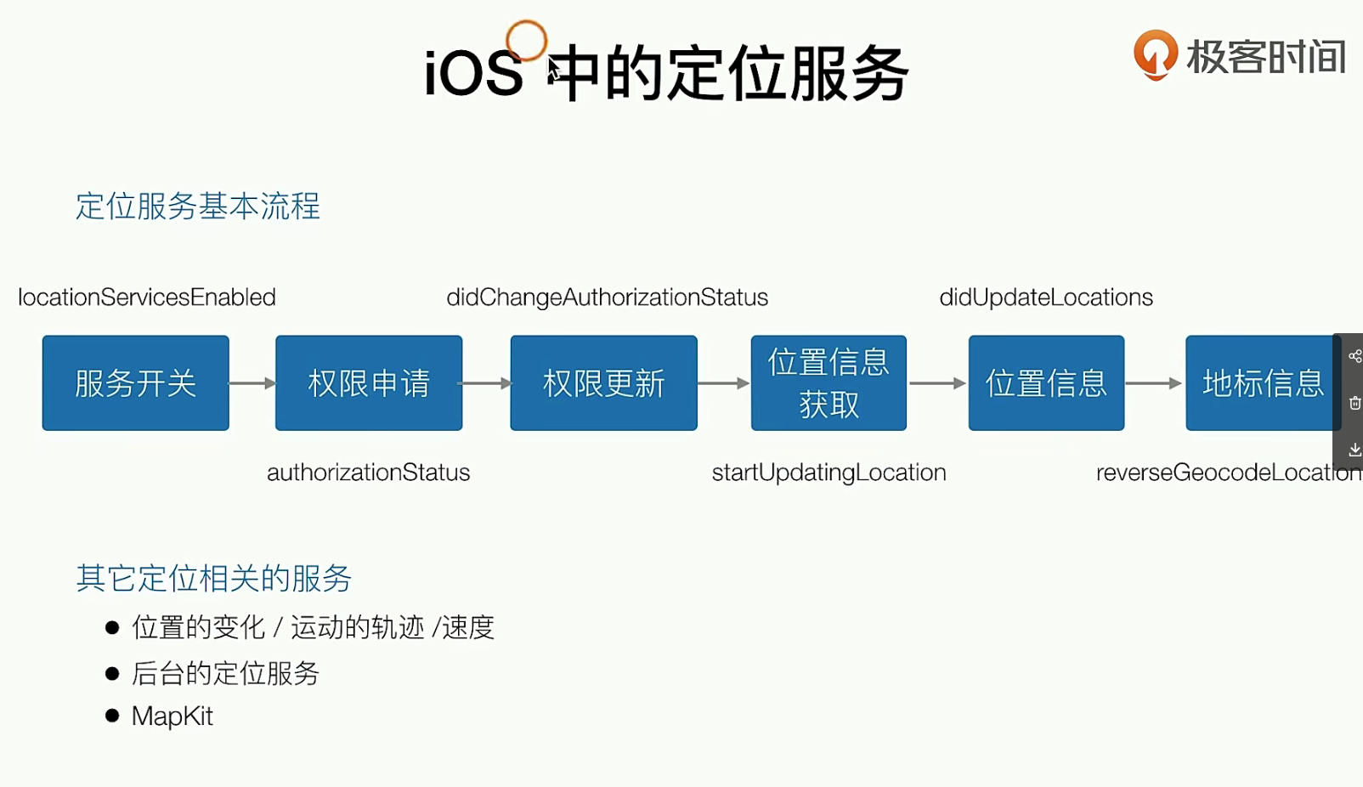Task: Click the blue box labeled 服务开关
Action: (x=136, y=382)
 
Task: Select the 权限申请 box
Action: (x=369, y=382)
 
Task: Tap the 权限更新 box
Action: (x=603, y=382)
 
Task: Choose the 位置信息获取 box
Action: (x=829, y=382)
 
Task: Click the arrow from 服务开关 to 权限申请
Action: (x=252, y=382)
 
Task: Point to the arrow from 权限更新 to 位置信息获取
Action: (x=724, y=382)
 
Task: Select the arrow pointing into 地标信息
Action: (x=1154, y=382)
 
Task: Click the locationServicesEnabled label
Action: (x=147, y=297)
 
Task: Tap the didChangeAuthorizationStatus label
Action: (x=608, y=297)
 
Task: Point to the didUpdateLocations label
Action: (x=1046, y=297)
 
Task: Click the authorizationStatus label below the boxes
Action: (x=368, y=473)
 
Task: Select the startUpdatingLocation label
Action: (x=829, y=473)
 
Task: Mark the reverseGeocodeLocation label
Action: (x=1229, y=473)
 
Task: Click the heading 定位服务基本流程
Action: (x=198, y=206)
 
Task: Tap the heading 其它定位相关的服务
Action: (x=213, y=578)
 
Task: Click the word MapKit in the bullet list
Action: (x=172, y=716)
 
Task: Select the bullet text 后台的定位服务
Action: (x=225, y=673)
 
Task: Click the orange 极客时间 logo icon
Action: (x=1156, y=54)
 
